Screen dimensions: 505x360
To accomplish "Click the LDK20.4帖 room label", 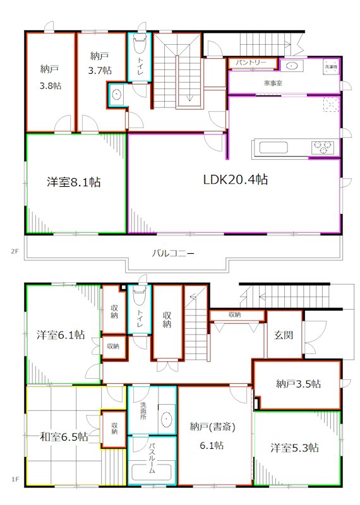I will point(235,180).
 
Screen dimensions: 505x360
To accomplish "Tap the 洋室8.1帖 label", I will point(74,182).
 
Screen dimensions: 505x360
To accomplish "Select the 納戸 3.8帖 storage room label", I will point(51,76).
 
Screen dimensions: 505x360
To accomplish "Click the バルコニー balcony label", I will point(172,254).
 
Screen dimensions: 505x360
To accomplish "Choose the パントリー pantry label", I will point(251,63).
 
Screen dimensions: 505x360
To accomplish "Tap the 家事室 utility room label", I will point(273,83).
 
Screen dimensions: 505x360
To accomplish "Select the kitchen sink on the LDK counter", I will point(273,148).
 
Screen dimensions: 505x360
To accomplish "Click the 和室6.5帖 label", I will point(64,436).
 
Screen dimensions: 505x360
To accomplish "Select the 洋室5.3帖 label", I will point(294,448).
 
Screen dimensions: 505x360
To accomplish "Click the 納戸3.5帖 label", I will point(297,384).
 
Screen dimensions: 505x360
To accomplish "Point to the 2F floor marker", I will point(13,251).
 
